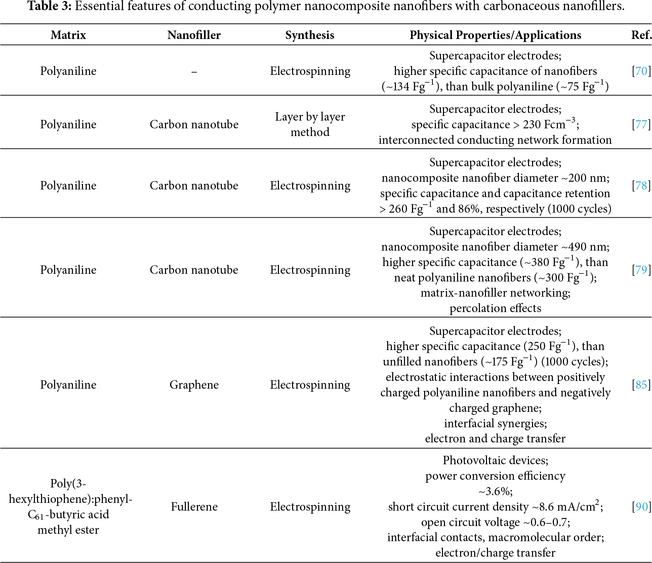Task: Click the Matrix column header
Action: pos(68,35)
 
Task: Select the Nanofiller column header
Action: pos(194,35)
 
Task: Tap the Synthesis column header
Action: pos(310,35)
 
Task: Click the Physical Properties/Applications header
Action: pos(495,35)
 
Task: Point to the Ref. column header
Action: pos(641,35)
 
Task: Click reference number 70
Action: pos(641,71)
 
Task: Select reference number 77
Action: pos(641,124)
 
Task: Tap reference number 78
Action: pos(641,185)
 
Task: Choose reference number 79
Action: pos(641,270)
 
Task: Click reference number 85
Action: pos(641,385)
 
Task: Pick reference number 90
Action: pos(641,507)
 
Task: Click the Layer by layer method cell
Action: pos(310,124)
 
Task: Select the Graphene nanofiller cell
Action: pos(194,385)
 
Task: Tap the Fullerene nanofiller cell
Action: pos(194,507)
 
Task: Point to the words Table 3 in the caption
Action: pos(49,6)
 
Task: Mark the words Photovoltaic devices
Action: pos(495,460)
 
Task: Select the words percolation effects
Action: pos(495,308)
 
